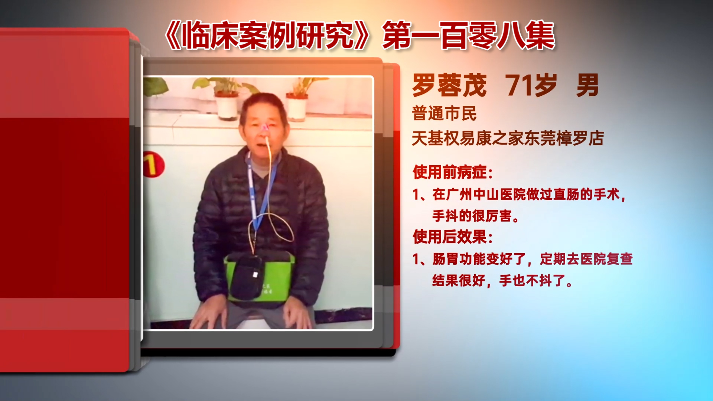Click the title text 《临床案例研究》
coord(267,36)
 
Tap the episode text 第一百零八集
coord(469,36)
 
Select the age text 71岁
coord(531,85)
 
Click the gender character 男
coord(587,85)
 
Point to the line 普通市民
coord(444,114)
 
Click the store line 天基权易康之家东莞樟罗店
coord(508,138)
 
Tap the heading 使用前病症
coord(453,172)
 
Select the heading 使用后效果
coord(453,237)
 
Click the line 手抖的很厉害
coord(476,216)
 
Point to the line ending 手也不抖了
coord(502,281)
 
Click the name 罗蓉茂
coord(449,85)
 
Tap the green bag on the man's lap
coord(259,277)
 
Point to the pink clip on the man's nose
coord(265,128)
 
